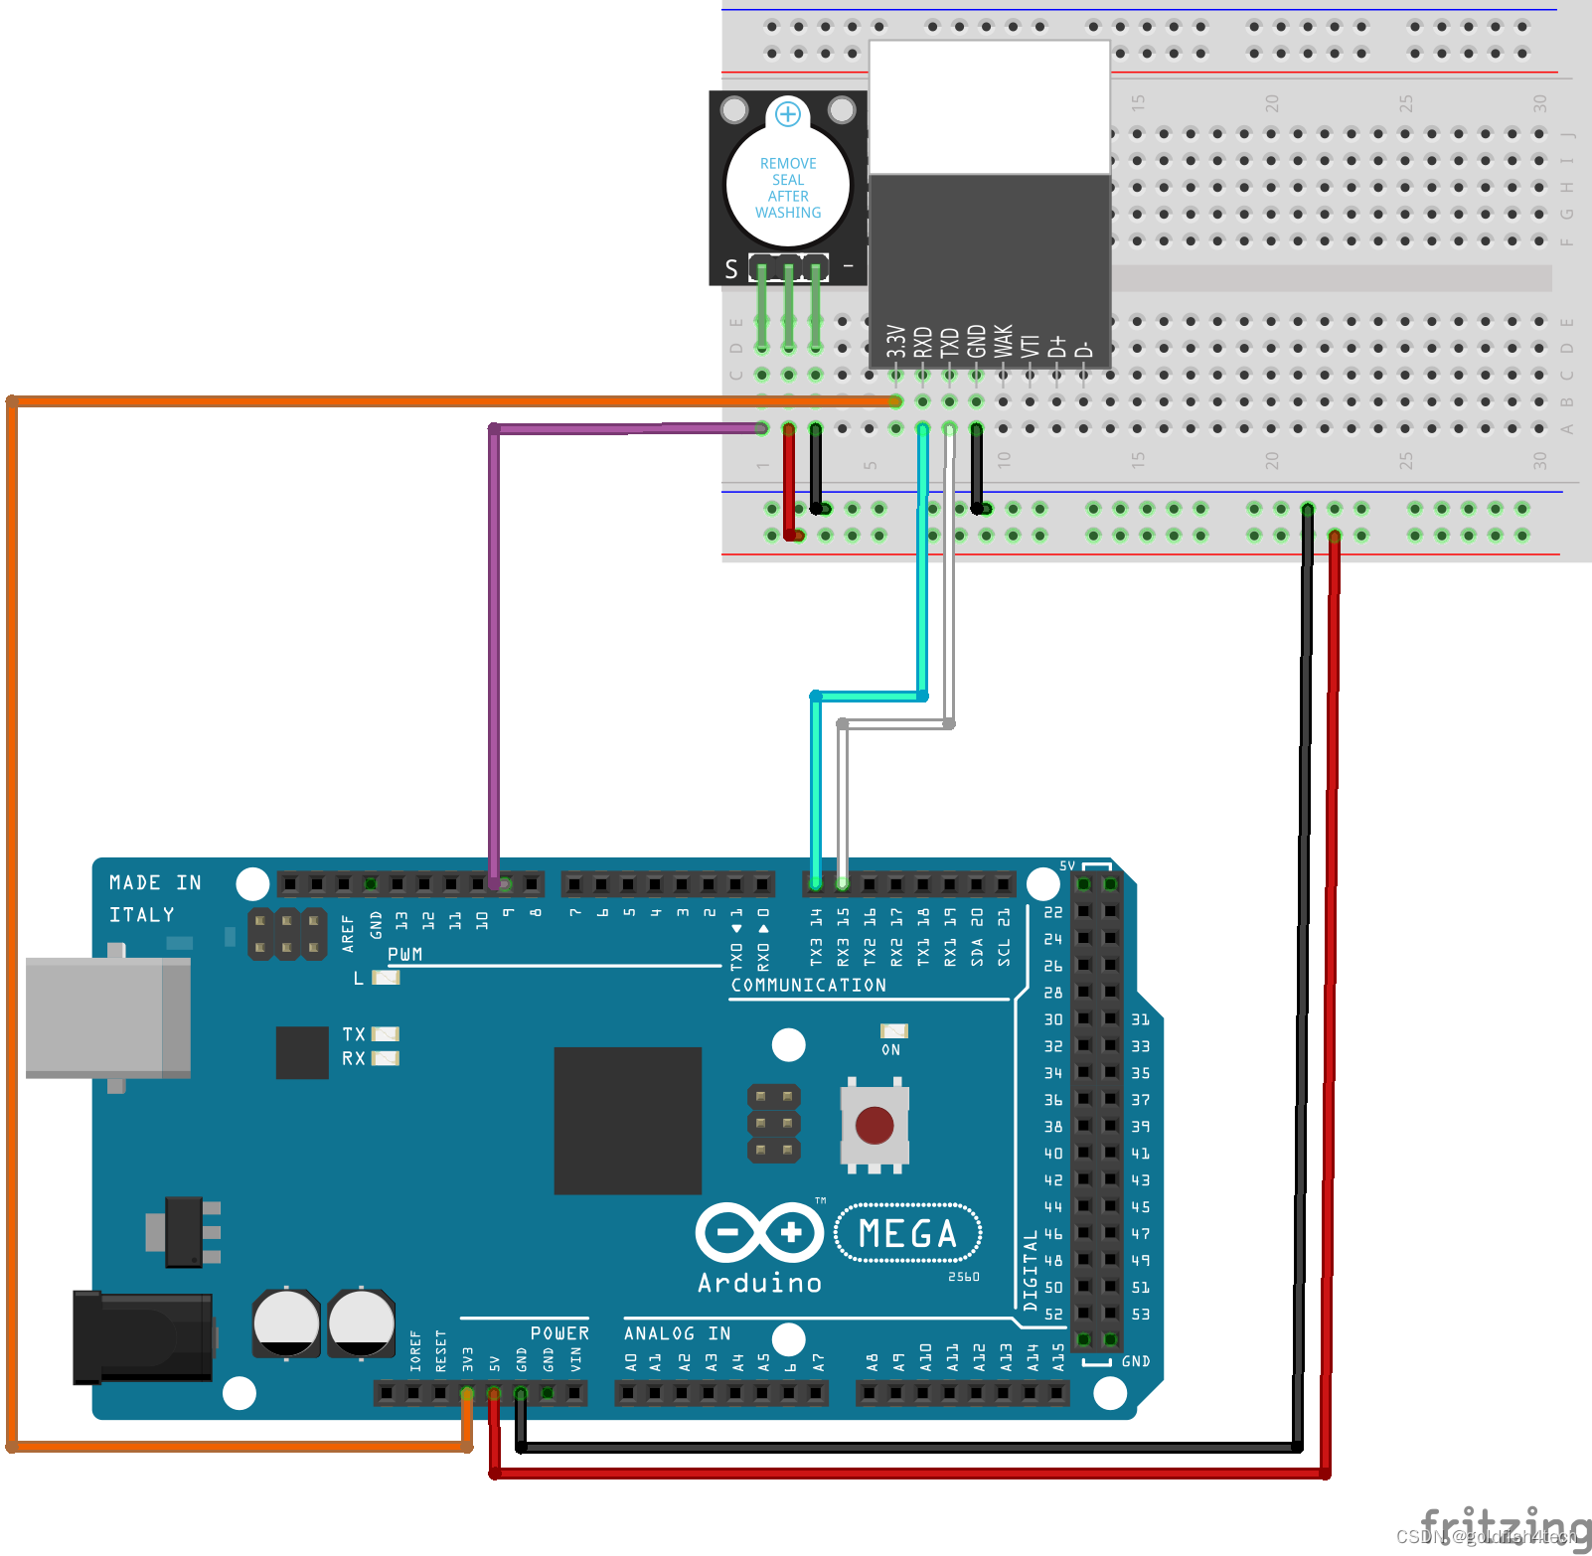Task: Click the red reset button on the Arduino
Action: tap(874, 1126)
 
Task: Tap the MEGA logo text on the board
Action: tap(907, 1233)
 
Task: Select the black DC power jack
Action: tap(142, 1337)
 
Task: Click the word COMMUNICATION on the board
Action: tap(808, 985)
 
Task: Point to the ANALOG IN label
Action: tap(677, 1333)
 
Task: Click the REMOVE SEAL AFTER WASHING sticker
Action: tap(788, 188)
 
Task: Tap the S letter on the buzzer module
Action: tap(731, 269)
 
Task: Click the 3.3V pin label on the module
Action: tap(896, 341)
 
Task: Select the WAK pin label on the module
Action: tap(1004, 341)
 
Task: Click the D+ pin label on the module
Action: tap(1057, 345)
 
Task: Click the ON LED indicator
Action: tap(893, 1031)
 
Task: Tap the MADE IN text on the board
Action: tap(155, 882)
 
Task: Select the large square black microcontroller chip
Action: tap(627, 1120)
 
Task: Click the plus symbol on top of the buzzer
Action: tap(788, 113)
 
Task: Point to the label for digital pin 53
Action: tap(1140, 1314)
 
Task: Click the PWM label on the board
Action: tap(404, 954)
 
